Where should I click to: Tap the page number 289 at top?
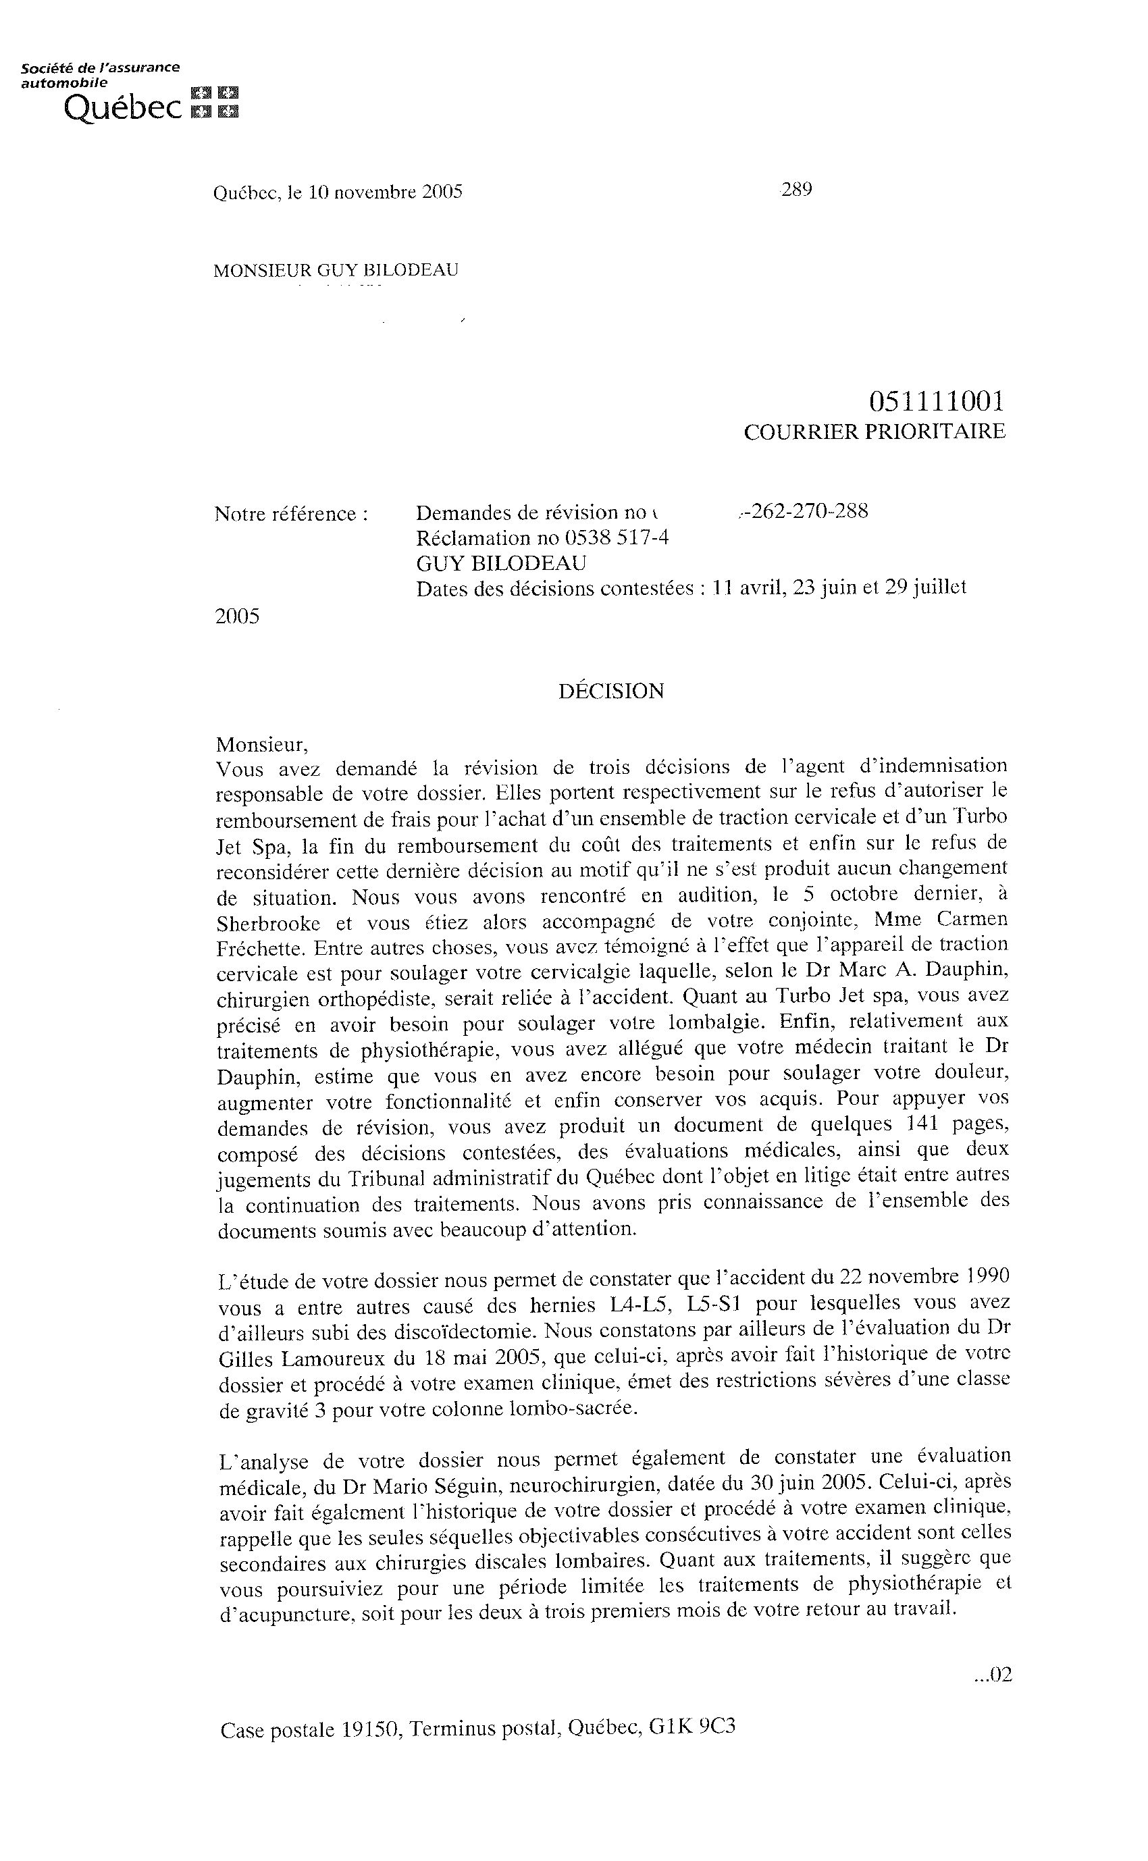(796, 189)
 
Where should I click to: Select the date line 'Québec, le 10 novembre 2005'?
(338, 192)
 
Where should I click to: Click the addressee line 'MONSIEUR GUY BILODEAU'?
(336, 270)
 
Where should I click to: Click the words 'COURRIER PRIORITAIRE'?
(875, 432)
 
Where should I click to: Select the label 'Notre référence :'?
(292, 514)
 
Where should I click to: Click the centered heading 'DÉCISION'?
(611, 691)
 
